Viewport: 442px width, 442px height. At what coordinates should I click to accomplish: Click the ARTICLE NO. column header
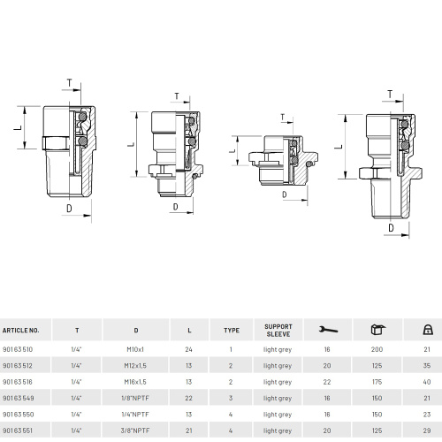[20, 331]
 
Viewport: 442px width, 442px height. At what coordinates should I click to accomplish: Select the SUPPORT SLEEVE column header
[278, 331]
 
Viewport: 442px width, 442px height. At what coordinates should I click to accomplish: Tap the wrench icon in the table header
[328, 330]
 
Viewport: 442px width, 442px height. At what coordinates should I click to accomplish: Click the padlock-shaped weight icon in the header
[427, 330]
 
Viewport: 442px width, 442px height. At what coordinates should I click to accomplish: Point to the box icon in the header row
[377, 330]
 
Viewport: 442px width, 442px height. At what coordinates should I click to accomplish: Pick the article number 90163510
[18, 349]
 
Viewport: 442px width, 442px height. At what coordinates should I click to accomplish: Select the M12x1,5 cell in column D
[135, 366]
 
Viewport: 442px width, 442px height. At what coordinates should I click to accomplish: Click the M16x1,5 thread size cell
[135, 382]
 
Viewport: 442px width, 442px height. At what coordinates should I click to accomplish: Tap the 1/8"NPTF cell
[135, 398]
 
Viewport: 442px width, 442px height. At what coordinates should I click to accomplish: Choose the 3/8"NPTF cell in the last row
[135, 431]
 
